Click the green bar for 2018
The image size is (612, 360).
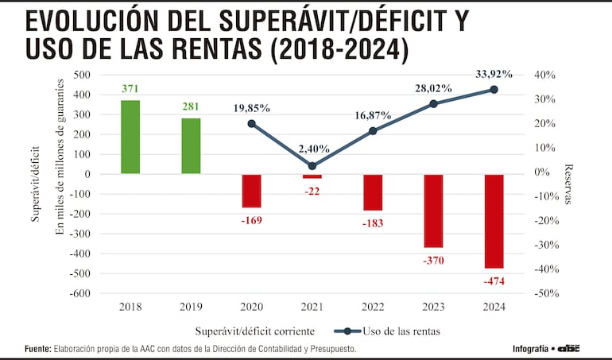(x=130, y=137)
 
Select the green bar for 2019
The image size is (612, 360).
(x=191, y=145)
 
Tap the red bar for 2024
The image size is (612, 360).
(x=494, y=221)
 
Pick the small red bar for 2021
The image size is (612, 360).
(x=312, y=176)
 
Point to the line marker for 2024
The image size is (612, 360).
(x=494, y=90)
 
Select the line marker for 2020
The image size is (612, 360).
(x=252, y=124)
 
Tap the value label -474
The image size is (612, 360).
(x=493, y=281)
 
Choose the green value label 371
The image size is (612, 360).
(x=130, y=88)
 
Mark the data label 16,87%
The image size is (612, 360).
(x=373, y=115)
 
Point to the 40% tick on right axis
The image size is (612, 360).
(x=546, y=75)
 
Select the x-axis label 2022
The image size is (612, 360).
(x=373, y=306)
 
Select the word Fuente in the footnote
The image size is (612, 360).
(x=37, y=349)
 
